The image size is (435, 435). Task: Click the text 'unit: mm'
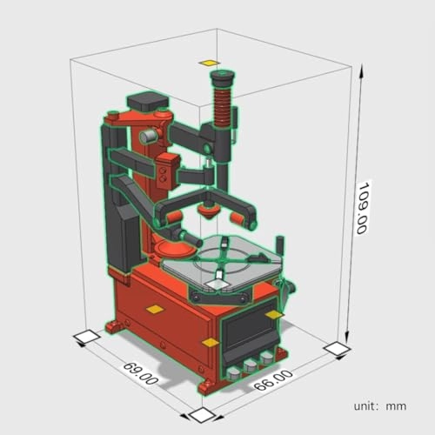click(380, 405)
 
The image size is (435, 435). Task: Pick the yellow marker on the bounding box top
click(208, 63)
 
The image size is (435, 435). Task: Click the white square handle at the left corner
click(86, 337)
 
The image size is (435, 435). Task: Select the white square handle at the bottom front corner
click(201, 414)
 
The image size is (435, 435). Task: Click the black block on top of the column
click(146, 102)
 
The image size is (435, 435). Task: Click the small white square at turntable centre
click(217, 282)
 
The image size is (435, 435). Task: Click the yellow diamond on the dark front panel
click(275, 313)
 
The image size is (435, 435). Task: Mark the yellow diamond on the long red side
click(154, 309)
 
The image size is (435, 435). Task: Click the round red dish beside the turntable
click(176, 251)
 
